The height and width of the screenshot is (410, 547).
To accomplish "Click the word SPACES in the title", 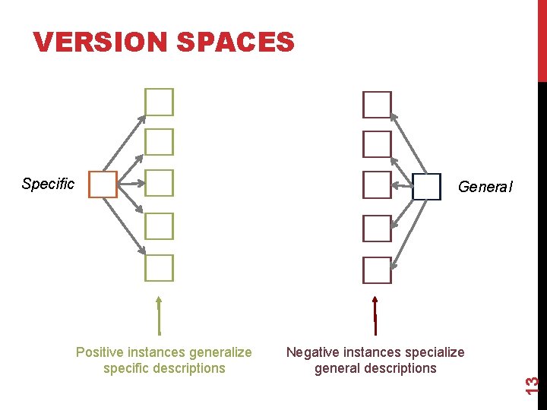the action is pos(235,43).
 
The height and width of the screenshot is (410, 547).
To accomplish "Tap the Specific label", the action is pos(48,184).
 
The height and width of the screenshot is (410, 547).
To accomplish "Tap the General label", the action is pos(485,187).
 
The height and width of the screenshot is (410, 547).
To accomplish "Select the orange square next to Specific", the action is pos(103,184).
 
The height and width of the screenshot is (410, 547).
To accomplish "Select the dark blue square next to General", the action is pos(426,187).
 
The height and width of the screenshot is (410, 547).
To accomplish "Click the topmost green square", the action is pos(160,102).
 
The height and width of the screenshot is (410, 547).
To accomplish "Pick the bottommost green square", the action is pos(160,268).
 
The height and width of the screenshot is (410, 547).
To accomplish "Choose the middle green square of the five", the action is pos(160,183).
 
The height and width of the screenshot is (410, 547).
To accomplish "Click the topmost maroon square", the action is pos(377,105).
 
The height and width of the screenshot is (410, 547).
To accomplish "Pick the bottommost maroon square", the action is pos(377,270).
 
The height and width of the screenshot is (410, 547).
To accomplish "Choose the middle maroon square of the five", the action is pos(377,184).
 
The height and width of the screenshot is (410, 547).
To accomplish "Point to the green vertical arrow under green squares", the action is pos(159,314).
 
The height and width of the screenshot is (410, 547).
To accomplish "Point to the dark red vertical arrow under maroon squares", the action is pos(375,314).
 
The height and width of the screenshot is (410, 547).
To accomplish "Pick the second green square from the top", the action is pos(160,142).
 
